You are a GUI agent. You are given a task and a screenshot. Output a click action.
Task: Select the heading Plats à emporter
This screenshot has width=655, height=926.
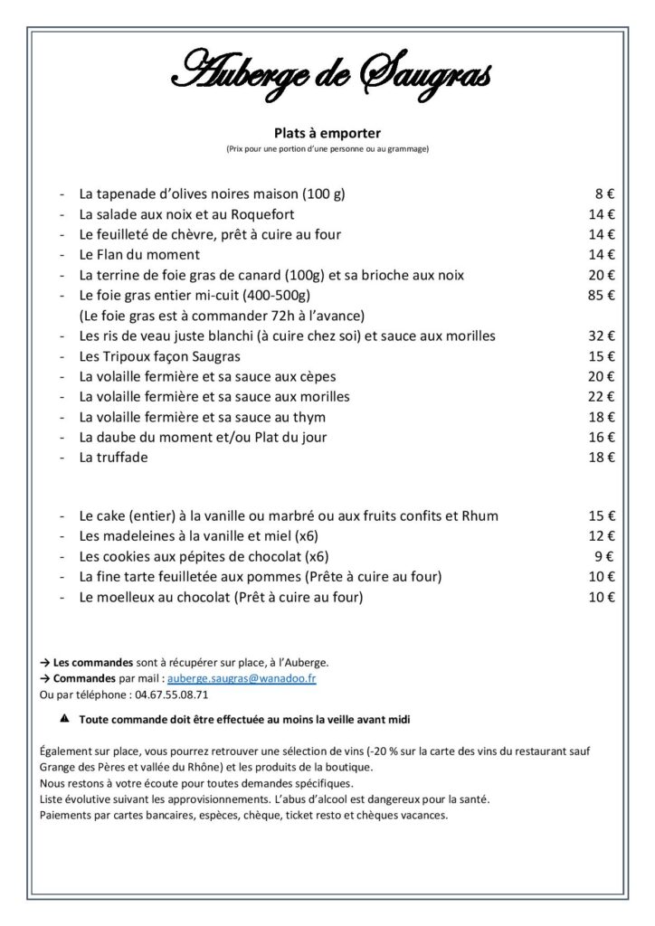(327, 132)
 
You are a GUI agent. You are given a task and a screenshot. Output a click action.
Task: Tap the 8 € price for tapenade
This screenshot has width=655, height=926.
(604, 194)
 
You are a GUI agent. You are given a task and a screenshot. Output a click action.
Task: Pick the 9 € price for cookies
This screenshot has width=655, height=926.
(604, 556)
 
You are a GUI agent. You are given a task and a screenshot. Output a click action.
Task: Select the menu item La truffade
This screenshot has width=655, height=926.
(113, 458)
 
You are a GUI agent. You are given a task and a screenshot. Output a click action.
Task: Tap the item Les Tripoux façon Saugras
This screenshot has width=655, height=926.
(153, 356)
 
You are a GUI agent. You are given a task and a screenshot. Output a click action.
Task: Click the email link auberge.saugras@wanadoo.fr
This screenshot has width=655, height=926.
(242, 678)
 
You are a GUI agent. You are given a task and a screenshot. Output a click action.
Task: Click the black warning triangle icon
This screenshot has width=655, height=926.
(63, 719)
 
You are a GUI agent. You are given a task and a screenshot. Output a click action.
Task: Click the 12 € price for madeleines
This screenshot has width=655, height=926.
(601, 536)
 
